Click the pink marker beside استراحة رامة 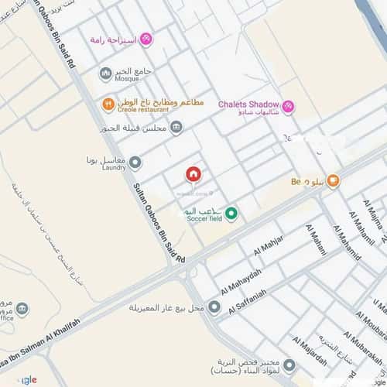(x=145, y=39)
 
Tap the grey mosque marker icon (x=106, y=74)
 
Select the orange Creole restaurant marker (x=108, y=103)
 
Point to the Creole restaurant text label (x=143, y=110)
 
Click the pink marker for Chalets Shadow (x=288, y=107)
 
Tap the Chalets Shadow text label (x=248, y=104)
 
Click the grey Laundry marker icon (x=135, y=163)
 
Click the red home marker (x=193, y=174)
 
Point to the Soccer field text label (x=204, y=219)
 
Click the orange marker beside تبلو (x=334, y=182)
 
